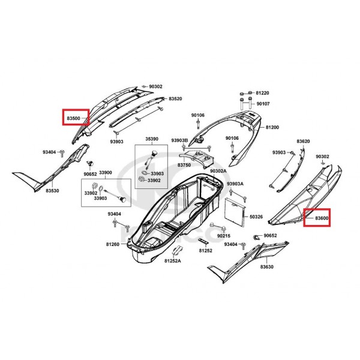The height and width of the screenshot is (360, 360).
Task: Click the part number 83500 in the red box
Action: tap(73, 118)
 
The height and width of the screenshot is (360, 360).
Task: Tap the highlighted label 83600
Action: tap(322, 218)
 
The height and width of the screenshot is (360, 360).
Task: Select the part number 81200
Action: tap(272, 127)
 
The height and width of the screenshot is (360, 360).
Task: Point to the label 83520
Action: tap(175, 99)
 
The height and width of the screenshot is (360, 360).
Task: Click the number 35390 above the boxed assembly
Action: tap(152, 139)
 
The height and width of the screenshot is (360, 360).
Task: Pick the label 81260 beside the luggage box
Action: tap(113, 244)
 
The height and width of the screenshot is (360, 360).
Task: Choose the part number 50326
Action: tap(256, 217)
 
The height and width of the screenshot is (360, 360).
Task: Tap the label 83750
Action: tap(184, 165)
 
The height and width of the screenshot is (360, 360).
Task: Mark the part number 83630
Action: tap(267, 267)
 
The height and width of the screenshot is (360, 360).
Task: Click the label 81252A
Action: tap(173, 261)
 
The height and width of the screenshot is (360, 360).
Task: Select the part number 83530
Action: tap(52, 191)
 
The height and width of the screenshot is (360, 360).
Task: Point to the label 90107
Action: tap(263, 104)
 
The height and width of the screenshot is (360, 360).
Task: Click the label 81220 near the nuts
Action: tap(262, 93)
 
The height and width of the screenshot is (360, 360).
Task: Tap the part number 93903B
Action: tap(179, 140)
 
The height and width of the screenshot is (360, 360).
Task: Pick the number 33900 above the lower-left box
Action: tap(106, 173)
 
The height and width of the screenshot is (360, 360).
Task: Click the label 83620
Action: tap(303, 141)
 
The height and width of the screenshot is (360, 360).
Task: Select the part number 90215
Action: tap(224, 236)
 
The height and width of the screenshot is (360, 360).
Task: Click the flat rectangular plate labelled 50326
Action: tap(234, 211)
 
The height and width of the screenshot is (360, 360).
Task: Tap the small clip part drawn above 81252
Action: tap(203, 241)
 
